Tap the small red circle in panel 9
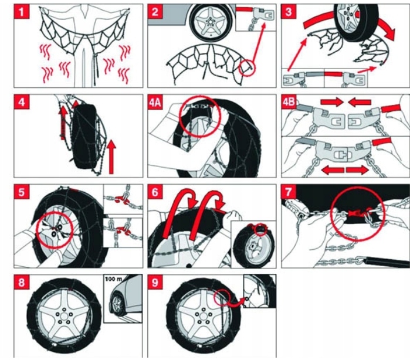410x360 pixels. point(223,298)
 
